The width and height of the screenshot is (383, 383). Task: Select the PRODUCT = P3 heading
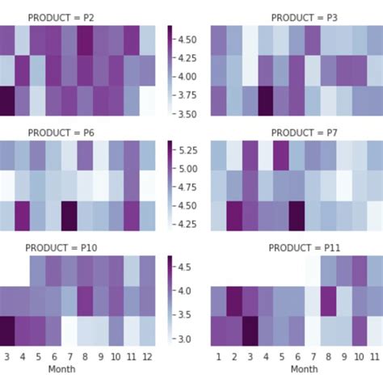305,16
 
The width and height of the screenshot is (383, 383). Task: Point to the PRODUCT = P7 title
305,132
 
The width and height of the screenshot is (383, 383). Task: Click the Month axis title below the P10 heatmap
62,368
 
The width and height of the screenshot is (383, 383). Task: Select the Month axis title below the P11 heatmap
305,368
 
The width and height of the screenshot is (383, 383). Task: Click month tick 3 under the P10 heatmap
6,356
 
